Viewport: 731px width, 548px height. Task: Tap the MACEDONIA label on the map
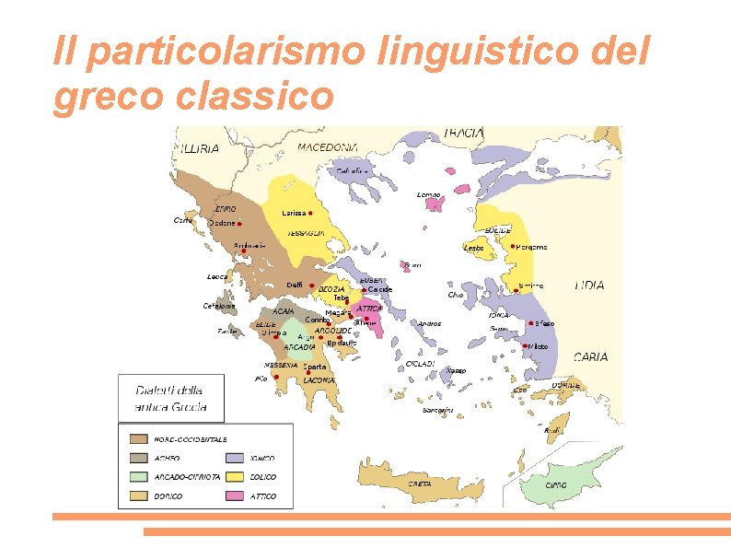tap(328, 147)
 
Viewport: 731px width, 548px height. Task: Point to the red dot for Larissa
tap(310, 213)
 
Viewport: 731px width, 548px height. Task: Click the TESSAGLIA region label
tap(306, 234)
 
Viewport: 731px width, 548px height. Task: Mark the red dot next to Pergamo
tap(513, 247)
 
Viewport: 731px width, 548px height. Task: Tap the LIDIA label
tap(589, 286)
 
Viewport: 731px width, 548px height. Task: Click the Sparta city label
tap(315, 367)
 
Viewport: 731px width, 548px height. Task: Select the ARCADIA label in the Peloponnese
tap(299, 347)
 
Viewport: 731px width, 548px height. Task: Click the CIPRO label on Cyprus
tap(555, 484)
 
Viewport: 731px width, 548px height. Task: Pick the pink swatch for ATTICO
tap(236, 496)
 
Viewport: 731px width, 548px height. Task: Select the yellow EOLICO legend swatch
tap(236, 477)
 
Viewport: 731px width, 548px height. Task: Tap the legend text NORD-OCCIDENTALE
tap(191, 439)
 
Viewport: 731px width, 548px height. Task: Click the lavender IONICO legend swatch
tap(236, 458)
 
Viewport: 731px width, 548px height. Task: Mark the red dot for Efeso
tap(530, 323)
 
